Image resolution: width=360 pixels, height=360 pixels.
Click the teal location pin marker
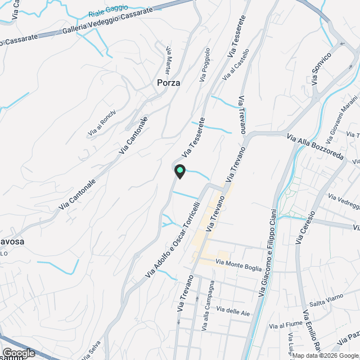pyautogui.click(x=179, y=170)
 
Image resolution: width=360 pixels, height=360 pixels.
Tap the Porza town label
pyautogui.click(x=168, y=83)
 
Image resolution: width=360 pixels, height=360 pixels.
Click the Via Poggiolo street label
pyautogui.click(x=204, y=65)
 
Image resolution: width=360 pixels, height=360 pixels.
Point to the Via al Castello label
pyautogui.click(x=235, y=70)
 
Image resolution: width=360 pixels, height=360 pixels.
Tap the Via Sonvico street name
pyautogui.click(x=322, y=64)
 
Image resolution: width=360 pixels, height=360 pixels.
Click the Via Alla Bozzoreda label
pyautogui.click(x=314, y=145)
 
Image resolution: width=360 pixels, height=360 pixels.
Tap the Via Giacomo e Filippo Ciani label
pyautogui.click(x=268, y=253)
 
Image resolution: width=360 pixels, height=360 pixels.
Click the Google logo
pyautogui.click(x=19, y=353)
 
